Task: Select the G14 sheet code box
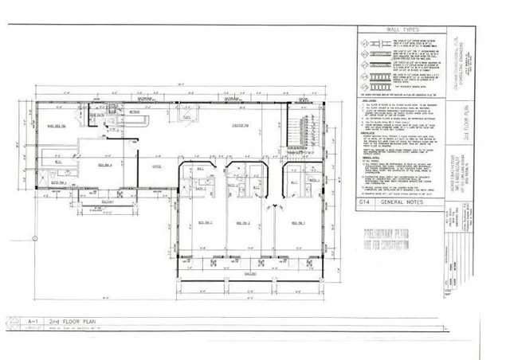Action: click(x=366, y=205)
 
